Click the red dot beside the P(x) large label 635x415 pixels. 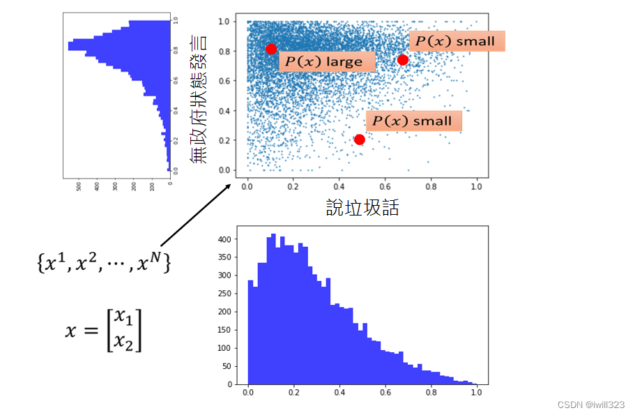tap(271, 49)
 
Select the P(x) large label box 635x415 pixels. tap(327, 61)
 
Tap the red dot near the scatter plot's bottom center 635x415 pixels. tap(359, 139)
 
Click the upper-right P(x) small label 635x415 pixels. tap(456, 41)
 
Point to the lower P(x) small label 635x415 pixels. tap(413, 121)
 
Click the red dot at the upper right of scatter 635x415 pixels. tap(402, 60)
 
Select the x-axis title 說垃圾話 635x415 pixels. tap(362, 207)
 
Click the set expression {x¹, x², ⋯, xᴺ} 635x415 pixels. tap(102, 263)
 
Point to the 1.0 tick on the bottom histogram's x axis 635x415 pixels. tap(476, 393)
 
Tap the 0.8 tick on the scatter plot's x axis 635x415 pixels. tap(431, 187)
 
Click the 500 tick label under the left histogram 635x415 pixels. tap(78, 187)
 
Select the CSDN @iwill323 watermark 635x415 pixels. tap(591, 405)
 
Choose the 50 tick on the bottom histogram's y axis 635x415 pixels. tap(227, 366)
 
